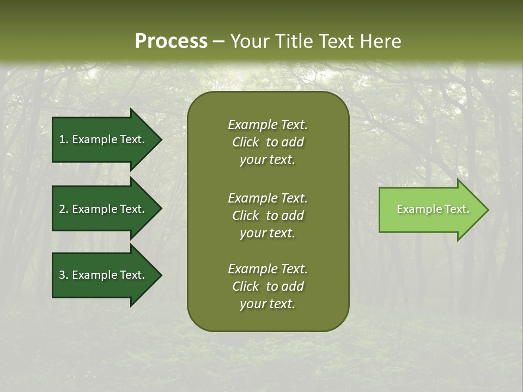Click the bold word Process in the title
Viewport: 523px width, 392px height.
[171, 41]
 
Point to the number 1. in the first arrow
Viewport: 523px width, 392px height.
[64, 139]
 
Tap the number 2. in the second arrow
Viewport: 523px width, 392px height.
[64, 209]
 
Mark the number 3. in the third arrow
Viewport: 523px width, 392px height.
[64, 275]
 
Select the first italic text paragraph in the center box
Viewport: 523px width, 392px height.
[267, 142]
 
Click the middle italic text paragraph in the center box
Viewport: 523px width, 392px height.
[267, 216]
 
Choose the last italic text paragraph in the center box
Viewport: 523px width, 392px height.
[267, 286]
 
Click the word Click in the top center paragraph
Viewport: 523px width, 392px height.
[245, 142]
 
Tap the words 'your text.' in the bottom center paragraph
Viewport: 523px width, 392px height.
[267, 304]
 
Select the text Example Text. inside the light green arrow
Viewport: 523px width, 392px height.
[433, 209]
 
